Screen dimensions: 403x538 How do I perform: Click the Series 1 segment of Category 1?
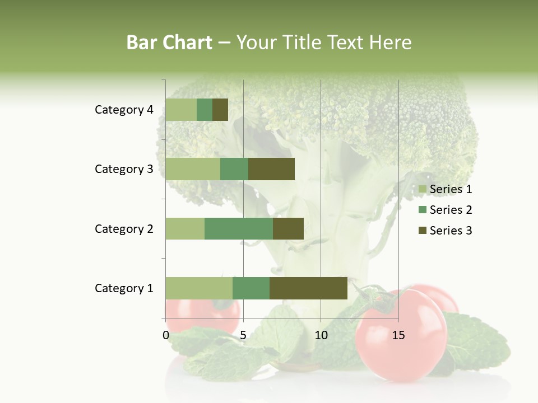tap(199, 288)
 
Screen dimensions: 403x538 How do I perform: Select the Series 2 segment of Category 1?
tap(251, 288)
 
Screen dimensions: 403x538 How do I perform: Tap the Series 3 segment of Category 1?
tap(308, 288)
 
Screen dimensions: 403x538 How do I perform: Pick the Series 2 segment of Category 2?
tap(239, 228)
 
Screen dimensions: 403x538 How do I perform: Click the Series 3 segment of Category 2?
tap(288, 228)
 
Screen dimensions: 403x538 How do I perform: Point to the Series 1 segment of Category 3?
tap(193, 169)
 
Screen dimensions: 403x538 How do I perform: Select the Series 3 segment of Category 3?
tap(271, 169)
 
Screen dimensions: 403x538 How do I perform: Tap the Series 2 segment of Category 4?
tap(205, 110)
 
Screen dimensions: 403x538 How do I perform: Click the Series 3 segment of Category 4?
tap(220, 110)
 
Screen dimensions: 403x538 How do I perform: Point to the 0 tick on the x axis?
tap(166, 335)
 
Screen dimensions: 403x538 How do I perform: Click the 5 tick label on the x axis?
tap(243, 335)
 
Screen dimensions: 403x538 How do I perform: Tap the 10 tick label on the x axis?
tap(321, 335)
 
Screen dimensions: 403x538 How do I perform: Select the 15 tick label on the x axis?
tap(398, 335)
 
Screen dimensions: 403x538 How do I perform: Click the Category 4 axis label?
tap(124, 110)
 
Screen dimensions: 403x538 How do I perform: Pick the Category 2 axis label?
tap(124, 228)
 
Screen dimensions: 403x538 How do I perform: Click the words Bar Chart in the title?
tap(169, 43)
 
